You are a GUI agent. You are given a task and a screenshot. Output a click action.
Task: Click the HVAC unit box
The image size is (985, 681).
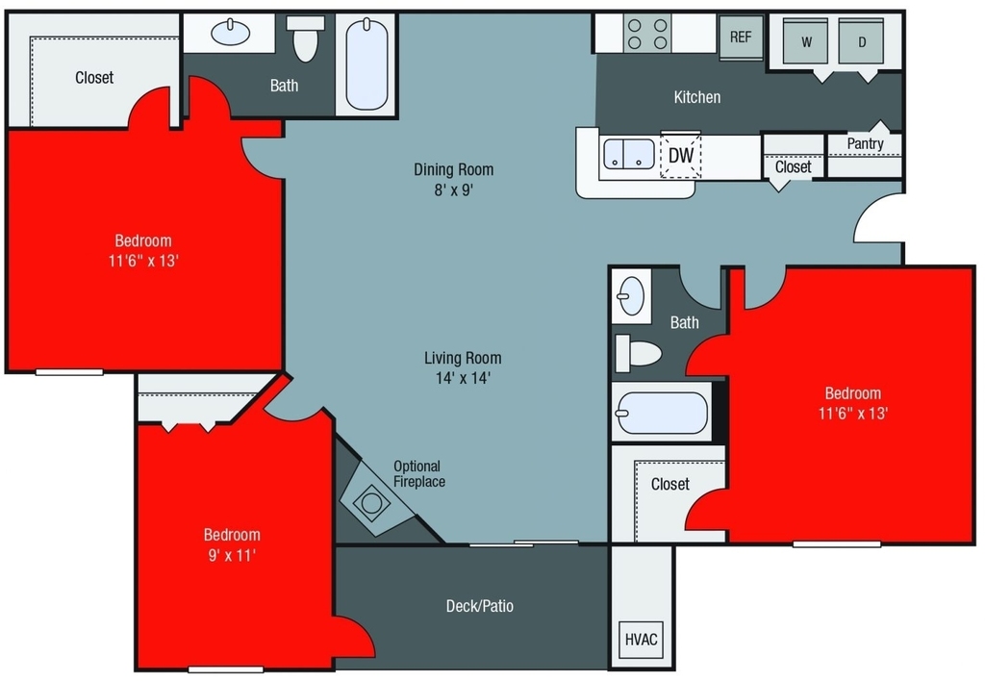[641, 640]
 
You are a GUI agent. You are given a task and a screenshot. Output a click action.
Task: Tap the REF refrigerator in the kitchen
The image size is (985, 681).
[741, 37]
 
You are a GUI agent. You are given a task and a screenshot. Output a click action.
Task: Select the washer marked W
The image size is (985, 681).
[806, 40]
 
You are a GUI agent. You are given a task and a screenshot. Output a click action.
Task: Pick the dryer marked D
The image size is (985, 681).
[861, 40]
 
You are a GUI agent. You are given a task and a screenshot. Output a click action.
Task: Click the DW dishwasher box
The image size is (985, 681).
[680, 155]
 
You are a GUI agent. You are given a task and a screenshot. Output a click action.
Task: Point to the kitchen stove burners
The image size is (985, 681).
[647, 34]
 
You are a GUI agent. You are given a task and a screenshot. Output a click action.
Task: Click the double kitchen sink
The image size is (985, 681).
[629, 155]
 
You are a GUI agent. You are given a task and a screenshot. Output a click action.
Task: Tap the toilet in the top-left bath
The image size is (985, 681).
[306, 38]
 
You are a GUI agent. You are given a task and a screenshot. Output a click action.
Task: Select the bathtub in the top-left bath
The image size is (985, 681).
[366, 64]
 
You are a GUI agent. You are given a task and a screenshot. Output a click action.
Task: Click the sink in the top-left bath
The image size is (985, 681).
[230, 32]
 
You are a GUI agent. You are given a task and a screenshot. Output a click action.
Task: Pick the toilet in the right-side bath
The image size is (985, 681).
[638, 353]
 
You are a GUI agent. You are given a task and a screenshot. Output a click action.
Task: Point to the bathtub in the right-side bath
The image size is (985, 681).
[662, 413]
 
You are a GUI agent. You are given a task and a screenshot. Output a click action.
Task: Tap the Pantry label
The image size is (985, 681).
[865, 144]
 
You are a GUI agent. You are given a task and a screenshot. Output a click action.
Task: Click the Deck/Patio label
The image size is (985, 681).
[479, 606]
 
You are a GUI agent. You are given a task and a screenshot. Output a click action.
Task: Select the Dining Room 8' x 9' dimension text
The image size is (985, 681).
[454, 189]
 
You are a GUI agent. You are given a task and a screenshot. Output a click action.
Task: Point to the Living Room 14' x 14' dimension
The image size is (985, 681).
[463, 378]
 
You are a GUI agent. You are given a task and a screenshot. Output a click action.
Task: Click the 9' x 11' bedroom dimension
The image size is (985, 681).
[232, 555]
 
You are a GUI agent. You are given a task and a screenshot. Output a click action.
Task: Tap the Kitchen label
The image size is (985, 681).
[696, 97]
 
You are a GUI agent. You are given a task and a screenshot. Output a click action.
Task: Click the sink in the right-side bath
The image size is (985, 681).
[631, 295]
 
